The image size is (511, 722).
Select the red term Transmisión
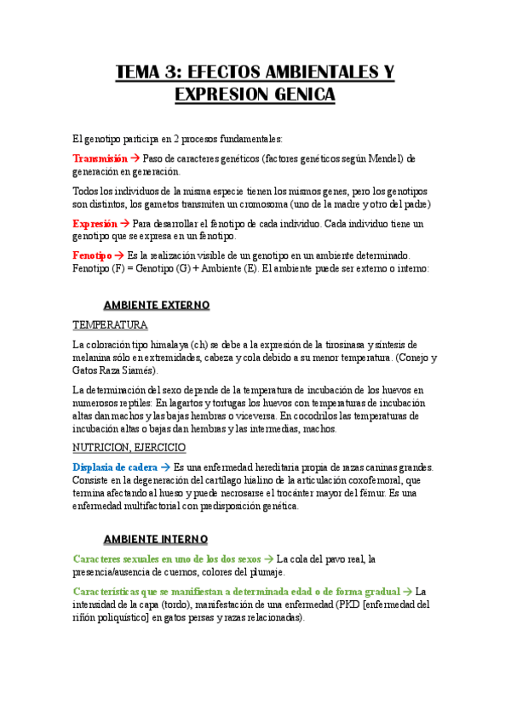[x=100, y=158]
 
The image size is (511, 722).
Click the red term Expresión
[x=95, y=223]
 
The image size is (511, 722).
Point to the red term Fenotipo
[x=92, y=256]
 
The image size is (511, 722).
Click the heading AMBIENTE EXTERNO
[x=156, y=305]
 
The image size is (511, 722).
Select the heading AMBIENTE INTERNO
[x=154, y=539]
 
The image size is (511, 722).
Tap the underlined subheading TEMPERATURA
[x=110, y=325]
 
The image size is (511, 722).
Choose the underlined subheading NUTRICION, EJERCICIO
[x=129, y=448]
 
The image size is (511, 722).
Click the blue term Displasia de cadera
[x=114, y=467]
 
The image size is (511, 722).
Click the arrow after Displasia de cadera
[x=165, y=467]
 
